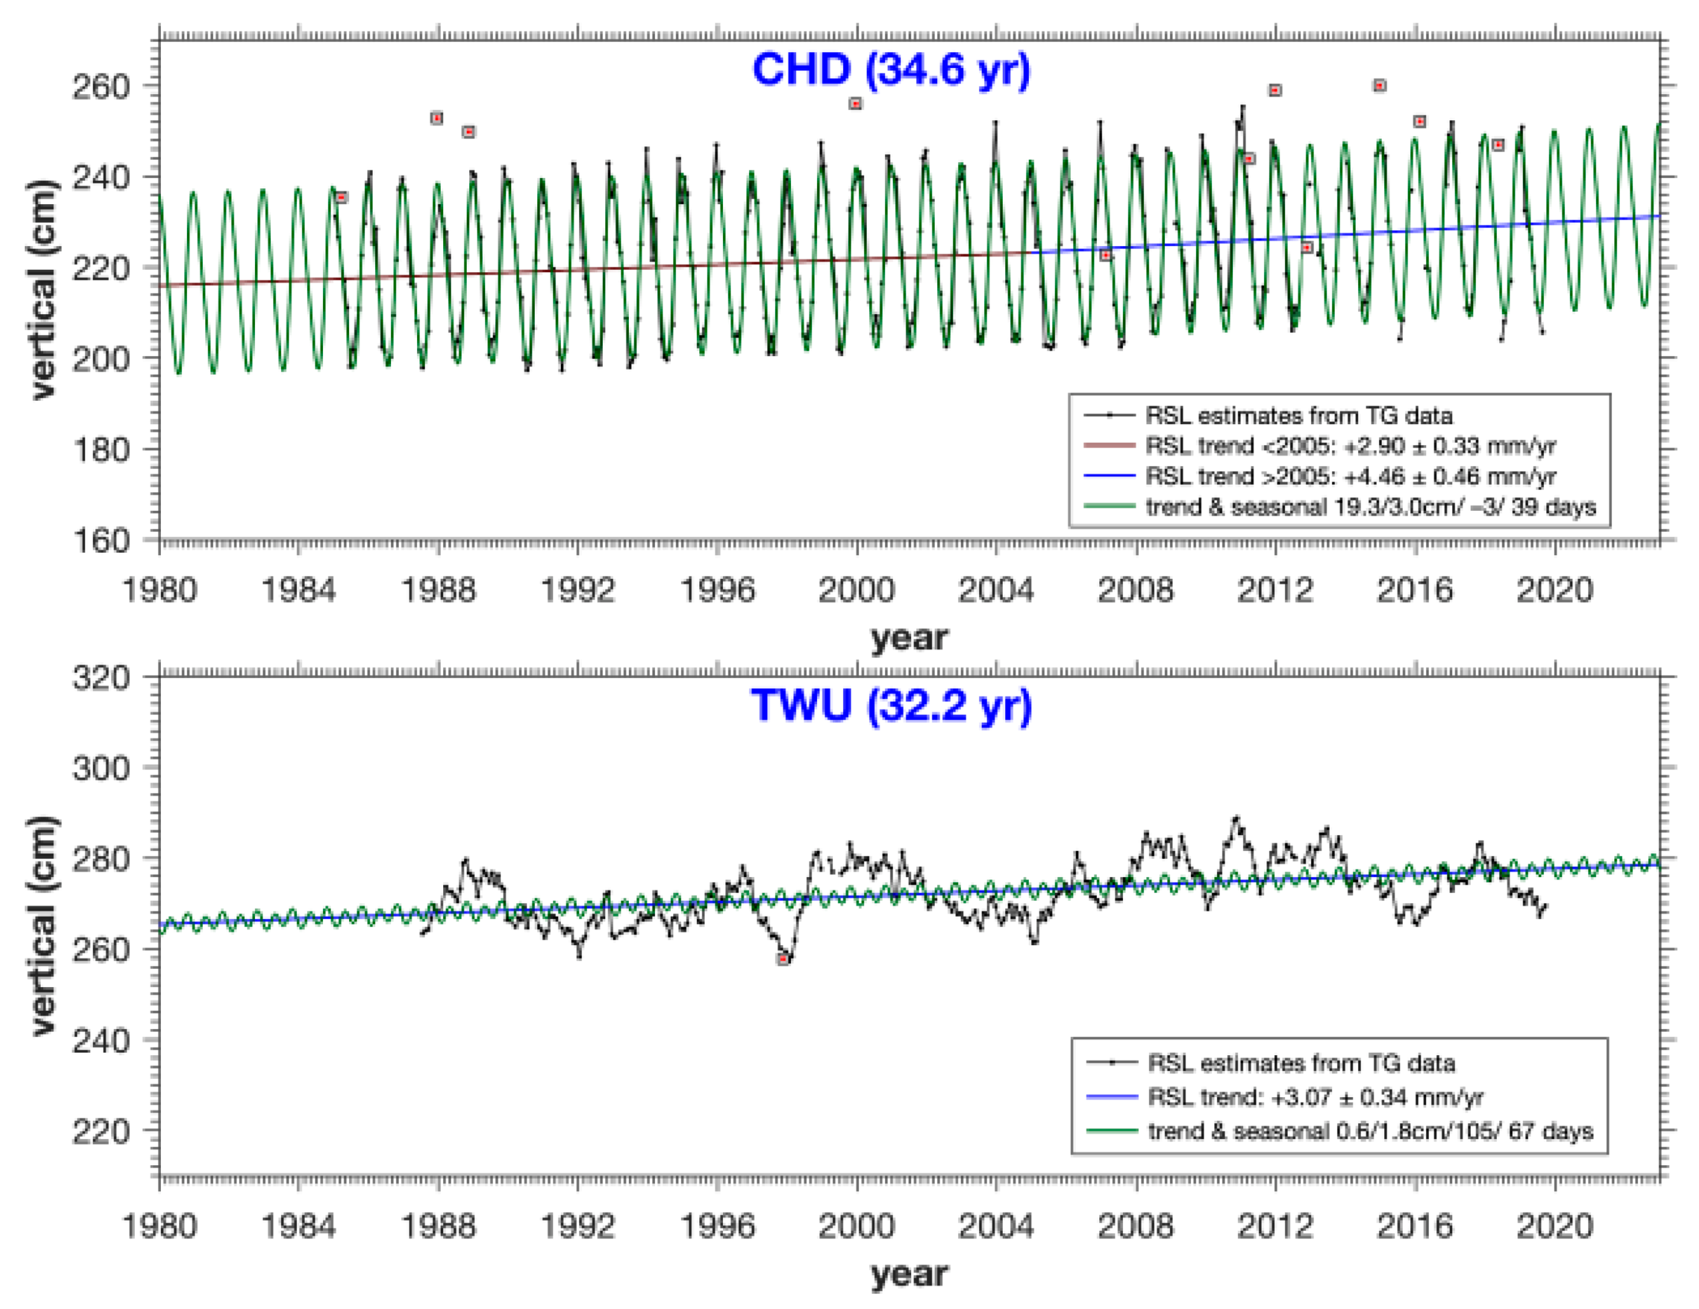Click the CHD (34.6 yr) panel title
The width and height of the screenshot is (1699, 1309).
pyautogui.click(x=891, y=70)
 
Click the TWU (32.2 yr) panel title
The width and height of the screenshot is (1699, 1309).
pyautogui.click(x=891, y=706)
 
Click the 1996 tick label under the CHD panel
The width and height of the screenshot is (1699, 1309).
pyautogui.click(x=716, y=590)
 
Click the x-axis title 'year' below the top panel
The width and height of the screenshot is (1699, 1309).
pyautogui.click(x=909, y=638)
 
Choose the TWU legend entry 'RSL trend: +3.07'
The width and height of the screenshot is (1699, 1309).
pyautogui.click(x=1314, y=1097)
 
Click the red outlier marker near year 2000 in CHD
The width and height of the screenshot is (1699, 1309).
pyautogui.click(x=855, y=104)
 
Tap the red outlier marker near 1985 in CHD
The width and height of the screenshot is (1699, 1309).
pyautogui.click(x=341, y=198)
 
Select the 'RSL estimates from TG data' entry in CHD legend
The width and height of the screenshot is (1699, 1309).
pyautogui.click(x=1297, y=415)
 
